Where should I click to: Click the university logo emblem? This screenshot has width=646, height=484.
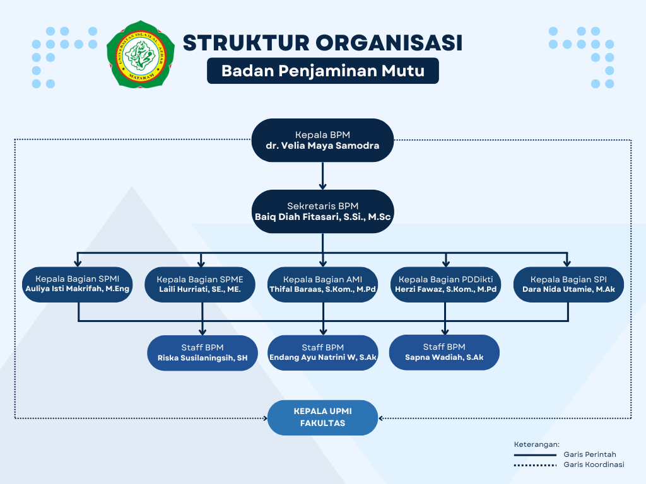point(141,54)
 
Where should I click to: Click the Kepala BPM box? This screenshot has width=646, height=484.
point(322,141)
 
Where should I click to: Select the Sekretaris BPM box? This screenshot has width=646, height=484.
point(322,212)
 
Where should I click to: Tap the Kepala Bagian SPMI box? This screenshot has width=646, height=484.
point(78,284)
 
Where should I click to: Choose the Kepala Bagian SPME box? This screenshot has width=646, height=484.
point(200,285)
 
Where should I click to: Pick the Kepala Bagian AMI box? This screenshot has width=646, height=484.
point(322,285)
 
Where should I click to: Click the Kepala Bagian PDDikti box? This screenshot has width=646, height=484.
point(446,285)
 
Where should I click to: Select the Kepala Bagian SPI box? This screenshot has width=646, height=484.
point(568,285)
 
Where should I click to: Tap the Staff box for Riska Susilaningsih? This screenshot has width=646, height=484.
point(203,353)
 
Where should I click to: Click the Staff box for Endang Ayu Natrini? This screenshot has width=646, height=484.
point(323,353)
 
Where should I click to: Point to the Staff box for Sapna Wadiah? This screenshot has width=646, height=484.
point(444,352)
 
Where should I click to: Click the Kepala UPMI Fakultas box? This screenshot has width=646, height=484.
point(322,418)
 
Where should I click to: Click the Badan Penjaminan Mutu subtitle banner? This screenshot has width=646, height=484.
point(323,71)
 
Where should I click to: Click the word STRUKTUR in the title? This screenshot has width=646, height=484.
point(246,43)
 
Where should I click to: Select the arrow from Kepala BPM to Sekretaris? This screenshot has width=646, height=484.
point(322,176)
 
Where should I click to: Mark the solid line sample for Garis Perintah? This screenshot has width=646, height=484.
point(535,455)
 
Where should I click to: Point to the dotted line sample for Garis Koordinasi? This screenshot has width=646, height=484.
point(535,465)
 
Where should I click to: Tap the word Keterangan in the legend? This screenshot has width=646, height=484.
point(537,444)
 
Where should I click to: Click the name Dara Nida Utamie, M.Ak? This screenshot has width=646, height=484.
point(568,289)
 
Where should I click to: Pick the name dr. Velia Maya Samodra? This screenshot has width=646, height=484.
point(322,146)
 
